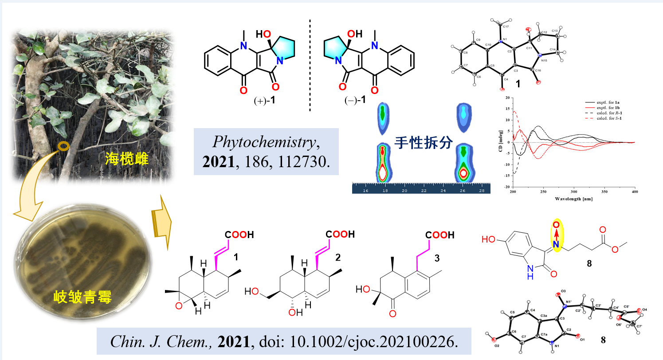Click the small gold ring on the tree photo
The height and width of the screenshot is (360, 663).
pos(64,146)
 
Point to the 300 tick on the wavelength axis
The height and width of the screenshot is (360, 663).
pos(574,192)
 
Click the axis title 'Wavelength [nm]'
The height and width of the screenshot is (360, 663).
pos(574,199)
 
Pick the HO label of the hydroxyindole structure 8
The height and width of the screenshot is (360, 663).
pos(489,239)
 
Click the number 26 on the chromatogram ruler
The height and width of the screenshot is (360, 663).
pos(463,190)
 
